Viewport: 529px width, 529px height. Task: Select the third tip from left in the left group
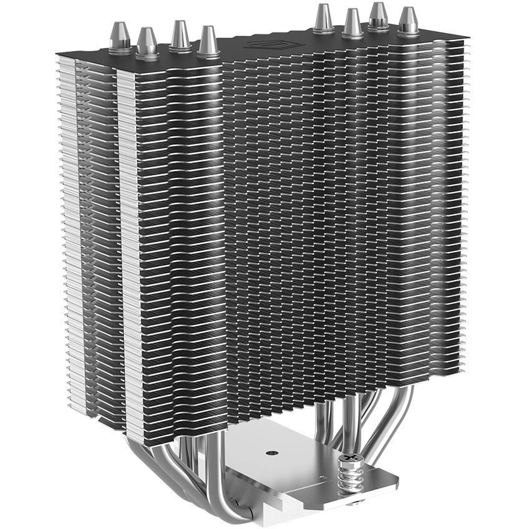coord(180,35)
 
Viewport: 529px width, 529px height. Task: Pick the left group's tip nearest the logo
coord(208,41)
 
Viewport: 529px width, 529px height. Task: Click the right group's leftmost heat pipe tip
coord(323,18)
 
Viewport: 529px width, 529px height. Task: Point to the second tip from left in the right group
coord(352,22)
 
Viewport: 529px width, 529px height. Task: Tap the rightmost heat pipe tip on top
coord(408,21)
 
